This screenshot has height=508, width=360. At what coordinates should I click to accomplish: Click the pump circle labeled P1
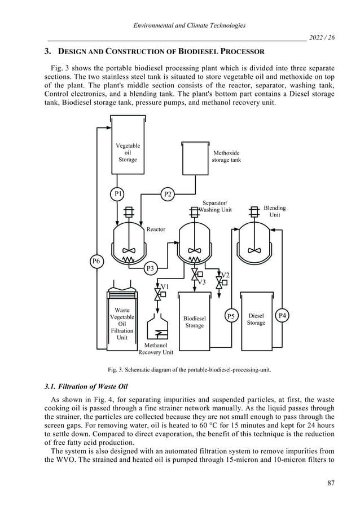117,193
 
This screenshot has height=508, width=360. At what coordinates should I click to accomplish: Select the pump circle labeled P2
168,194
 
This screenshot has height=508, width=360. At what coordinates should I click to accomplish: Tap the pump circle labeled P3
150,268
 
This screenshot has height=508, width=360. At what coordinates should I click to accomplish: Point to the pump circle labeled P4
282,316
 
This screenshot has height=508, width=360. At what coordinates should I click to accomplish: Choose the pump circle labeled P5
231,316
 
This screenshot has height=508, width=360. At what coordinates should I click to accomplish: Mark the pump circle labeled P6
96,261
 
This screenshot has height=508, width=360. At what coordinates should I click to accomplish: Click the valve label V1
165,287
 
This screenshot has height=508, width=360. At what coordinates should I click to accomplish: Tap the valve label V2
225,275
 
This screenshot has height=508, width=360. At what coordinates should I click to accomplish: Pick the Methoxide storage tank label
226,156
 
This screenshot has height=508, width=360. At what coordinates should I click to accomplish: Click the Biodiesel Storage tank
195,322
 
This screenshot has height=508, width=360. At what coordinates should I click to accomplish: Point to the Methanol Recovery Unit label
156,349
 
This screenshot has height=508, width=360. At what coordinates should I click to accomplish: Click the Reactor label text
156,229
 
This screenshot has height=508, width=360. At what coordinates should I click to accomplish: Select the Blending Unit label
275,211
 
